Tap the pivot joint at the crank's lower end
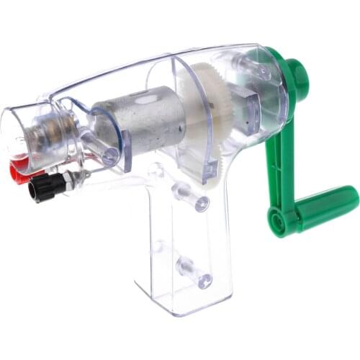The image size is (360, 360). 281,219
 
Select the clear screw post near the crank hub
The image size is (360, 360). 256,68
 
